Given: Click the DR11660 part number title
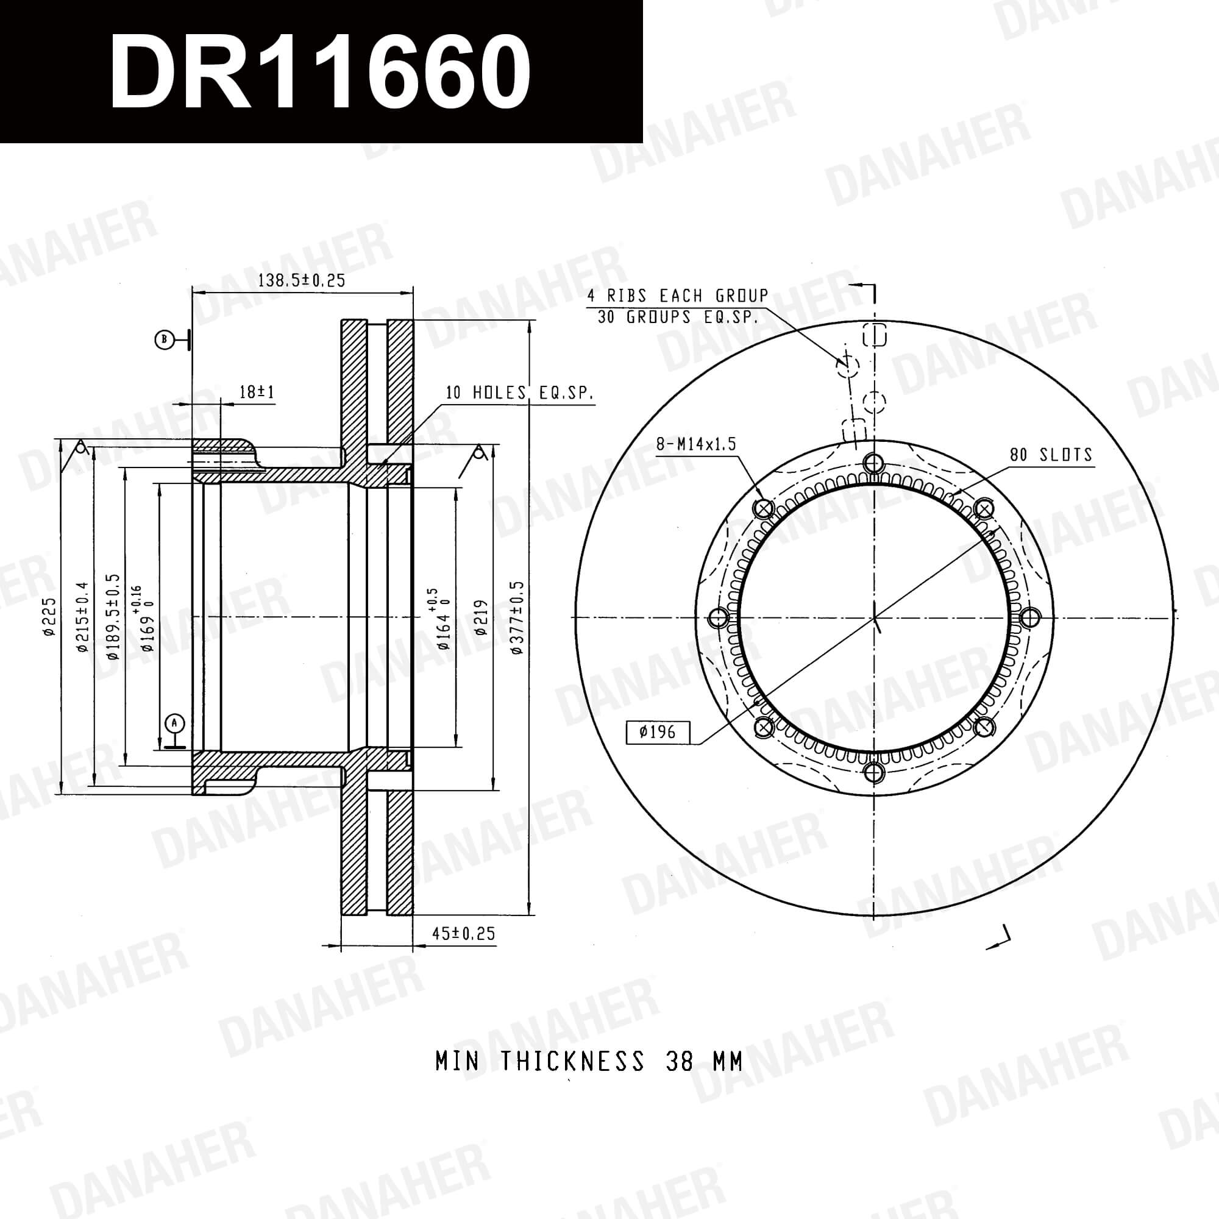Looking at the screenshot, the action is click(320, 71).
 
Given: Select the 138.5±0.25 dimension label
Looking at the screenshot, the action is click(302, 281).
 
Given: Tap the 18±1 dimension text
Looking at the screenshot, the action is click(257, 393).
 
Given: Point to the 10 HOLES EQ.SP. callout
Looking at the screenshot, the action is click(520, 393).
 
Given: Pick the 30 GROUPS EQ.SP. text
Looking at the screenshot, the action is click(678, 317).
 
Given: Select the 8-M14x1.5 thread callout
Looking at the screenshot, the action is click(696, 444).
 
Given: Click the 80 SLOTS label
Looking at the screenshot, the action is click(1051, 454).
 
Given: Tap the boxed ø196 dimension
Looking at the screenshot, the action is click(658, 733).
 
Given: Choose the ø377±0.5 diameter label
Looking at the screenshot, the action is click(517, 617).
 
